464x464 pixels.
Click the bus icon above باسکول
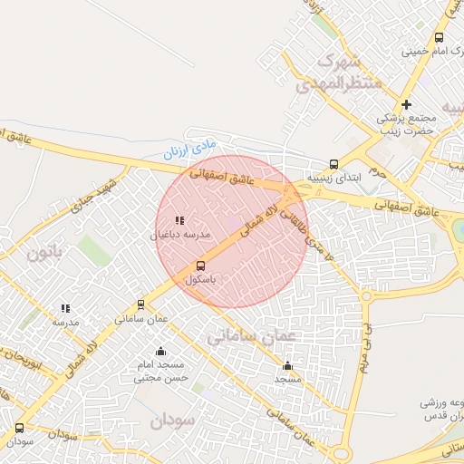[200, 266]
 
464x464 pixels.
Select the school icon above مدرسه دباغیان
[179, 219]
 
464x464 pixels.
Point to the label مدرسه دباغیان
[179, 234]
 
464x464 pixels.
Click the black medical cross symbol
[406, 104]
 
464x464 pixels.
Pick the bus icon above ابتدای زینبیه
[334, 164]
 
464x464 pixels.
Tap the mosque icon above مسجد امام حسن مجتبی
[161, 352]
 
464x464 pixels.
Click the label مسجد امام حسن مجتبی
[161, 371]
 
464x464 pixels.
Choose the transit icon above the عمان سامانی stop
[140, 304]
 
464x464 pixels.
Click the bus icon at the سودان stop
[19, 428]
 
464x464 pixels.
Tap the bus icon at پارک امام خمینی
[439, 38]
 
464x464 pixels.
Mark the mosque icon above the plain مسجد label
[288, 366]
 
